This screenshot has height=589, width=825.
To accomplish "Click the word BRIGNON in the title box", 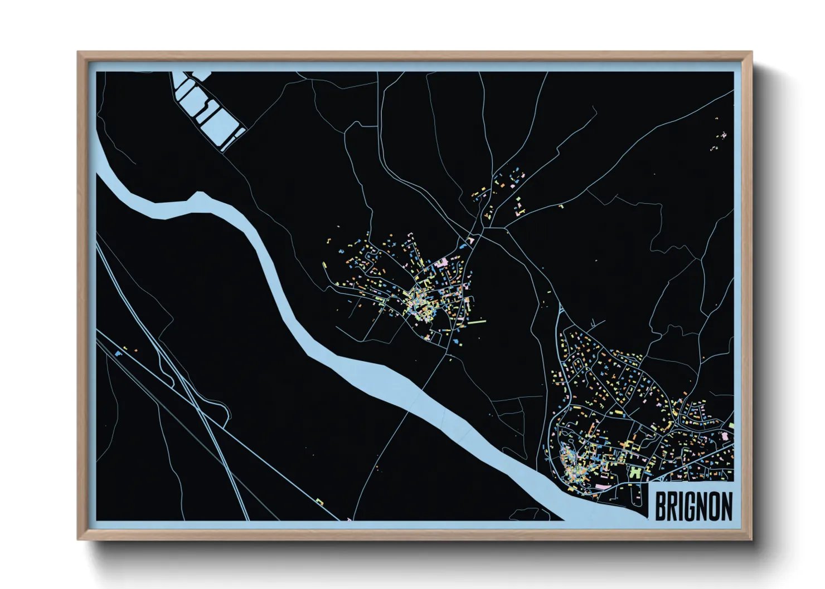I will (x=693, y=506).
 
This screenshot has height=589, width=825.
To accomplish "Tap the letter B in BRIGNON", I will (x=661, y=506).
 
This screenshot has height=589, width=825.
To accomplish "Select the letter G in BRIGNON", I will (x=688, y=506).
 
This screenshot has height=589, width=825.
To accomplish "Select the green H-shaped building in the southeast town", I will (x=635, y=472).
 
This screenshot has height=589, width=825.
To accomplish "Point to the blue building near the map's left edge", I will (x=118, y=353).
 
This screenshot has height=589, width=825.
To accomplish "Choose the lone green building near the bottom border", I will (x=320, y=501).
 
